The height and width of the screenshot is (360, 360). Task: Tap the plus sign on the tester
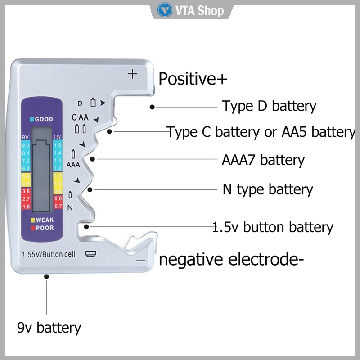pyautogui.click(x=132, y=74)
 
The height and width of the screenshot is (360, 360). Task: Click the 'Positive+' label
pyautogui.click(x=193, y=79)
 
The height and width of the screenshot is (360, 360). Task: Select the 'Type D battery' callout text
pyautogui.click(x=269, y=106)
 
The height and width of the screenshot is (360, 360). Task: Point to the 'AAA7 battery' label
pyautogui.click(x=263, y=160)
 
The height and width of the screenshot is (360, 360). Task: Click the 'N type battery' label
pyautogui.click(x=268, y=189)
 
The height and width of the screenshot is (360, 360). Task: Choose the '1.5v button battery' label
pyautogui.click(x=273, y=227)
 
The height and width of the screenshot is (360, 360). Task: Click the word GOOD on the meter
pyautogui.click(x=44, y=119)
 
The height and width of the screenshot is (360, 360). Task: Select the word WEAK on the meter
pyautogui.click(x=45, y=220)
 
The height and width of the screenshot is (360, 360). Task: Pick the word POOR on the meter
pyautogui.click(x=45, y=228)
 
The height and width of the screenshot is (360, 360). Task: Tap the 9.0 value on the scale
pyautogui.click(x=25, y=146)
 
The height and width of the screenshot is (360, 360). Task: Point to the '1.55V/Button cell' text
pyautogui.click(x=48, y=253)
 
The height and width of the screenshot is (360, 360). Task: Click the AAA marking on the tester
pyautogui.click(x=73, y=164)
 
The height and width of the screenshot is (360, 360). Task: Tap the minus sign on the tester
pyautogui.click(x=141, y=260)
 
